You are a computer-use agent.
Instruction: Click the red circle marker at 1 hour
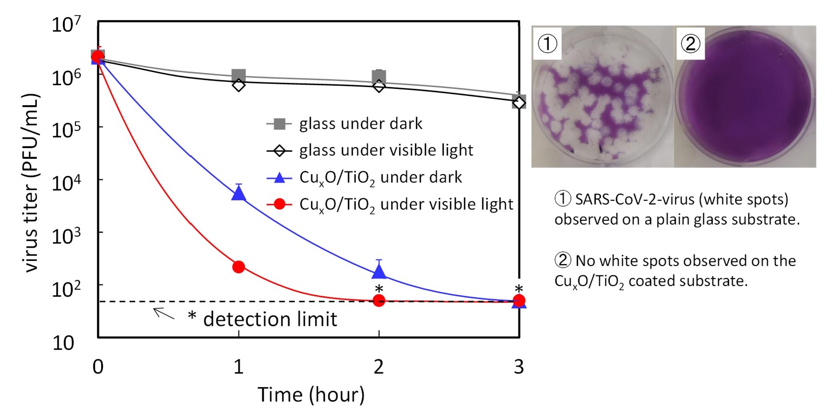point(239,267)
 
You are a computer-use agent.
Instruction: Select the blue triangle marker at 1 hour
point(239,193)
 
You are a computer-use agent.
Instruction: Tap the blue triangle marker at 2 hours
point(379,271)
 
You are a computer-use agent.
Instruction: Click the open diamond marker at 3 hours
point(519,102)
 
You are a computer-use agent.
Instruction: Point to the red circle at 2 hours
point(379,301)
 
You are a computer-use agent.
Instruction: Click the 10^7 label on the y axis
point(66,24)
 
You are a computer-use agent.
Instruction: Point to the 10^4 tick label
point(66,183)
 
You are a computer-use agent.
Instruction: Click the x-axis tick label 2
point(378,367)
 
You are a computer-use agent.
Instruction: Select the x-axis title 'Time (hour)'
point(311,395)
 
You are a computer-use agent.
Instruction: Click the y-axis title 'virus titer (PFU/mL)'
point(31,183)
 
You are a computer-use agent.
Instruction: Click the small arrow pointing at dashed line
point(164,313)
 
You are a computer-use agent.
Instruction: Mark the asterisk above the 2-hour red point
point(379,289)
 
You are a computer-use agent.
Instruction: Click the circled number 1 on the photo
point(547,44)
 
